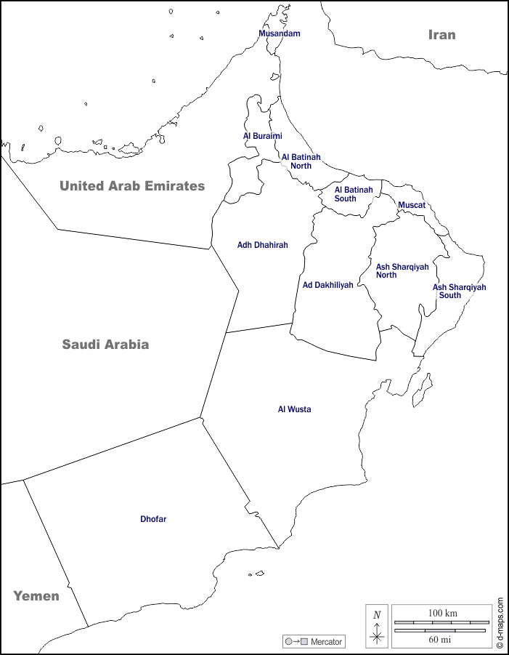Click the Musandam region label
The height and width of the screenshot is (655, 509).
[x=280, y=33]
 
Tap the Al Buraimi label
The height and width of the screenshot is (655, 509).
[x=262, y=136]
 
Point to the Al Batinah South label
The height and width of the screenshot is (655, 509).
[x=354, y=194]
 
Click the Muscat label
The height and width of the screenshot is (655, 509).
[x=412, y=205]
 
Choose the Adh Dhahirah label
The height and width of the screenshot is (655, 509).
[x=262, y=245]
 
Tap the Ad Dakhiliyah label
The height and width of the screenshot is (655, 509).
[x=327, y=285]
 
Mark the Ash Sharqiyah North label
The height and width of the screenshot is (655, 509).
[x=402, y=271]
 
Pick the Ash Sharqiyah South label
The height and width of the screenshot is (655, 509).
[x=459, y=292]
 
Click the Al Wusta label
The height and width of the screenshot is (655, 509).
[x=294, y=409]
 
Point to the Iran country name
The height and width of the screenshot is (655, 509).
[x=441, y=34]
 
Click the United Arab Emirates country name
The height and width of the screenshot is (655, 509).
[x=132, y=185]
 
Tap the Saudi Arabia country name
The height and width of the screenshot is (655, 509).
[x=105, y=345]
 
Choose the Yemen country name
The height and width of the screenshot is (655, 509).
[x=36, y=596]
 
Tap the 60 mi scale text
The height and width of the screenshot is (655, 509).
[x=439, y=639]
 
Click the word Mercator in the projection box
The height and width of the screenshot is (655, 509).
[x=326, y=642]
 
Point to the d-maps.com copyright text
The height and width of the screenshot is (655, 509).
[x=500, y=623]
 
